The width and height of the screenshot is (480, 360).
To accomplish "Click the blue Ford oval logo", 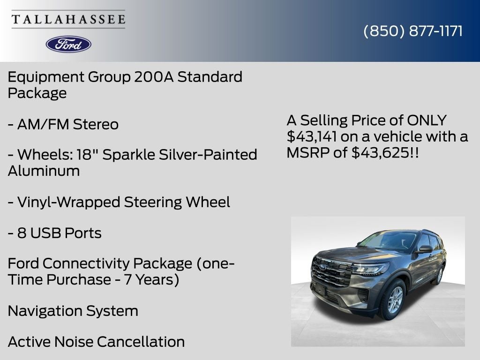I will point(68,44).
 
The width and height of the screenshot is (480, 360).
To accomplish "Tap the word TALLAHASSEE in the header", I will point(68,20).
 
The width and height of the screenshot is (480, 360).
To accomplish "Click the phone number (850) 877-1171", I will point(413,31).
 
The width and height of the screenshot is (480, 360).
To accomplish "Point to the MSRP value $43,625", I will point(379,152).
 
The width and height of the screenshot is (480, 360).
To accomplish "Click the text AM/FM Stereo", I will point(67,125).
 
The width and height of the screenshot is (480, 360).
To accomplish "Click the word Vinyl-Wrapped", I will point(68,202).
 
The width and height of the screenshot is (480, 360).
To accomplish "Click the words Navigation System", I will point(73,311).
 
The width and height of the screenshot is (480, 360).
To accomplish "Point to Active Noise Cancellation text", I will point(96,342).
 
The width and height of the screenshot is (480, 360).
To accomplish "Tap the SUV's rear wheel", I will point(439,275).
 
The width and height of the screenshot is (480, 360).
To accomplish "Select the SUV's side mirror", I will point(424,249).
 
